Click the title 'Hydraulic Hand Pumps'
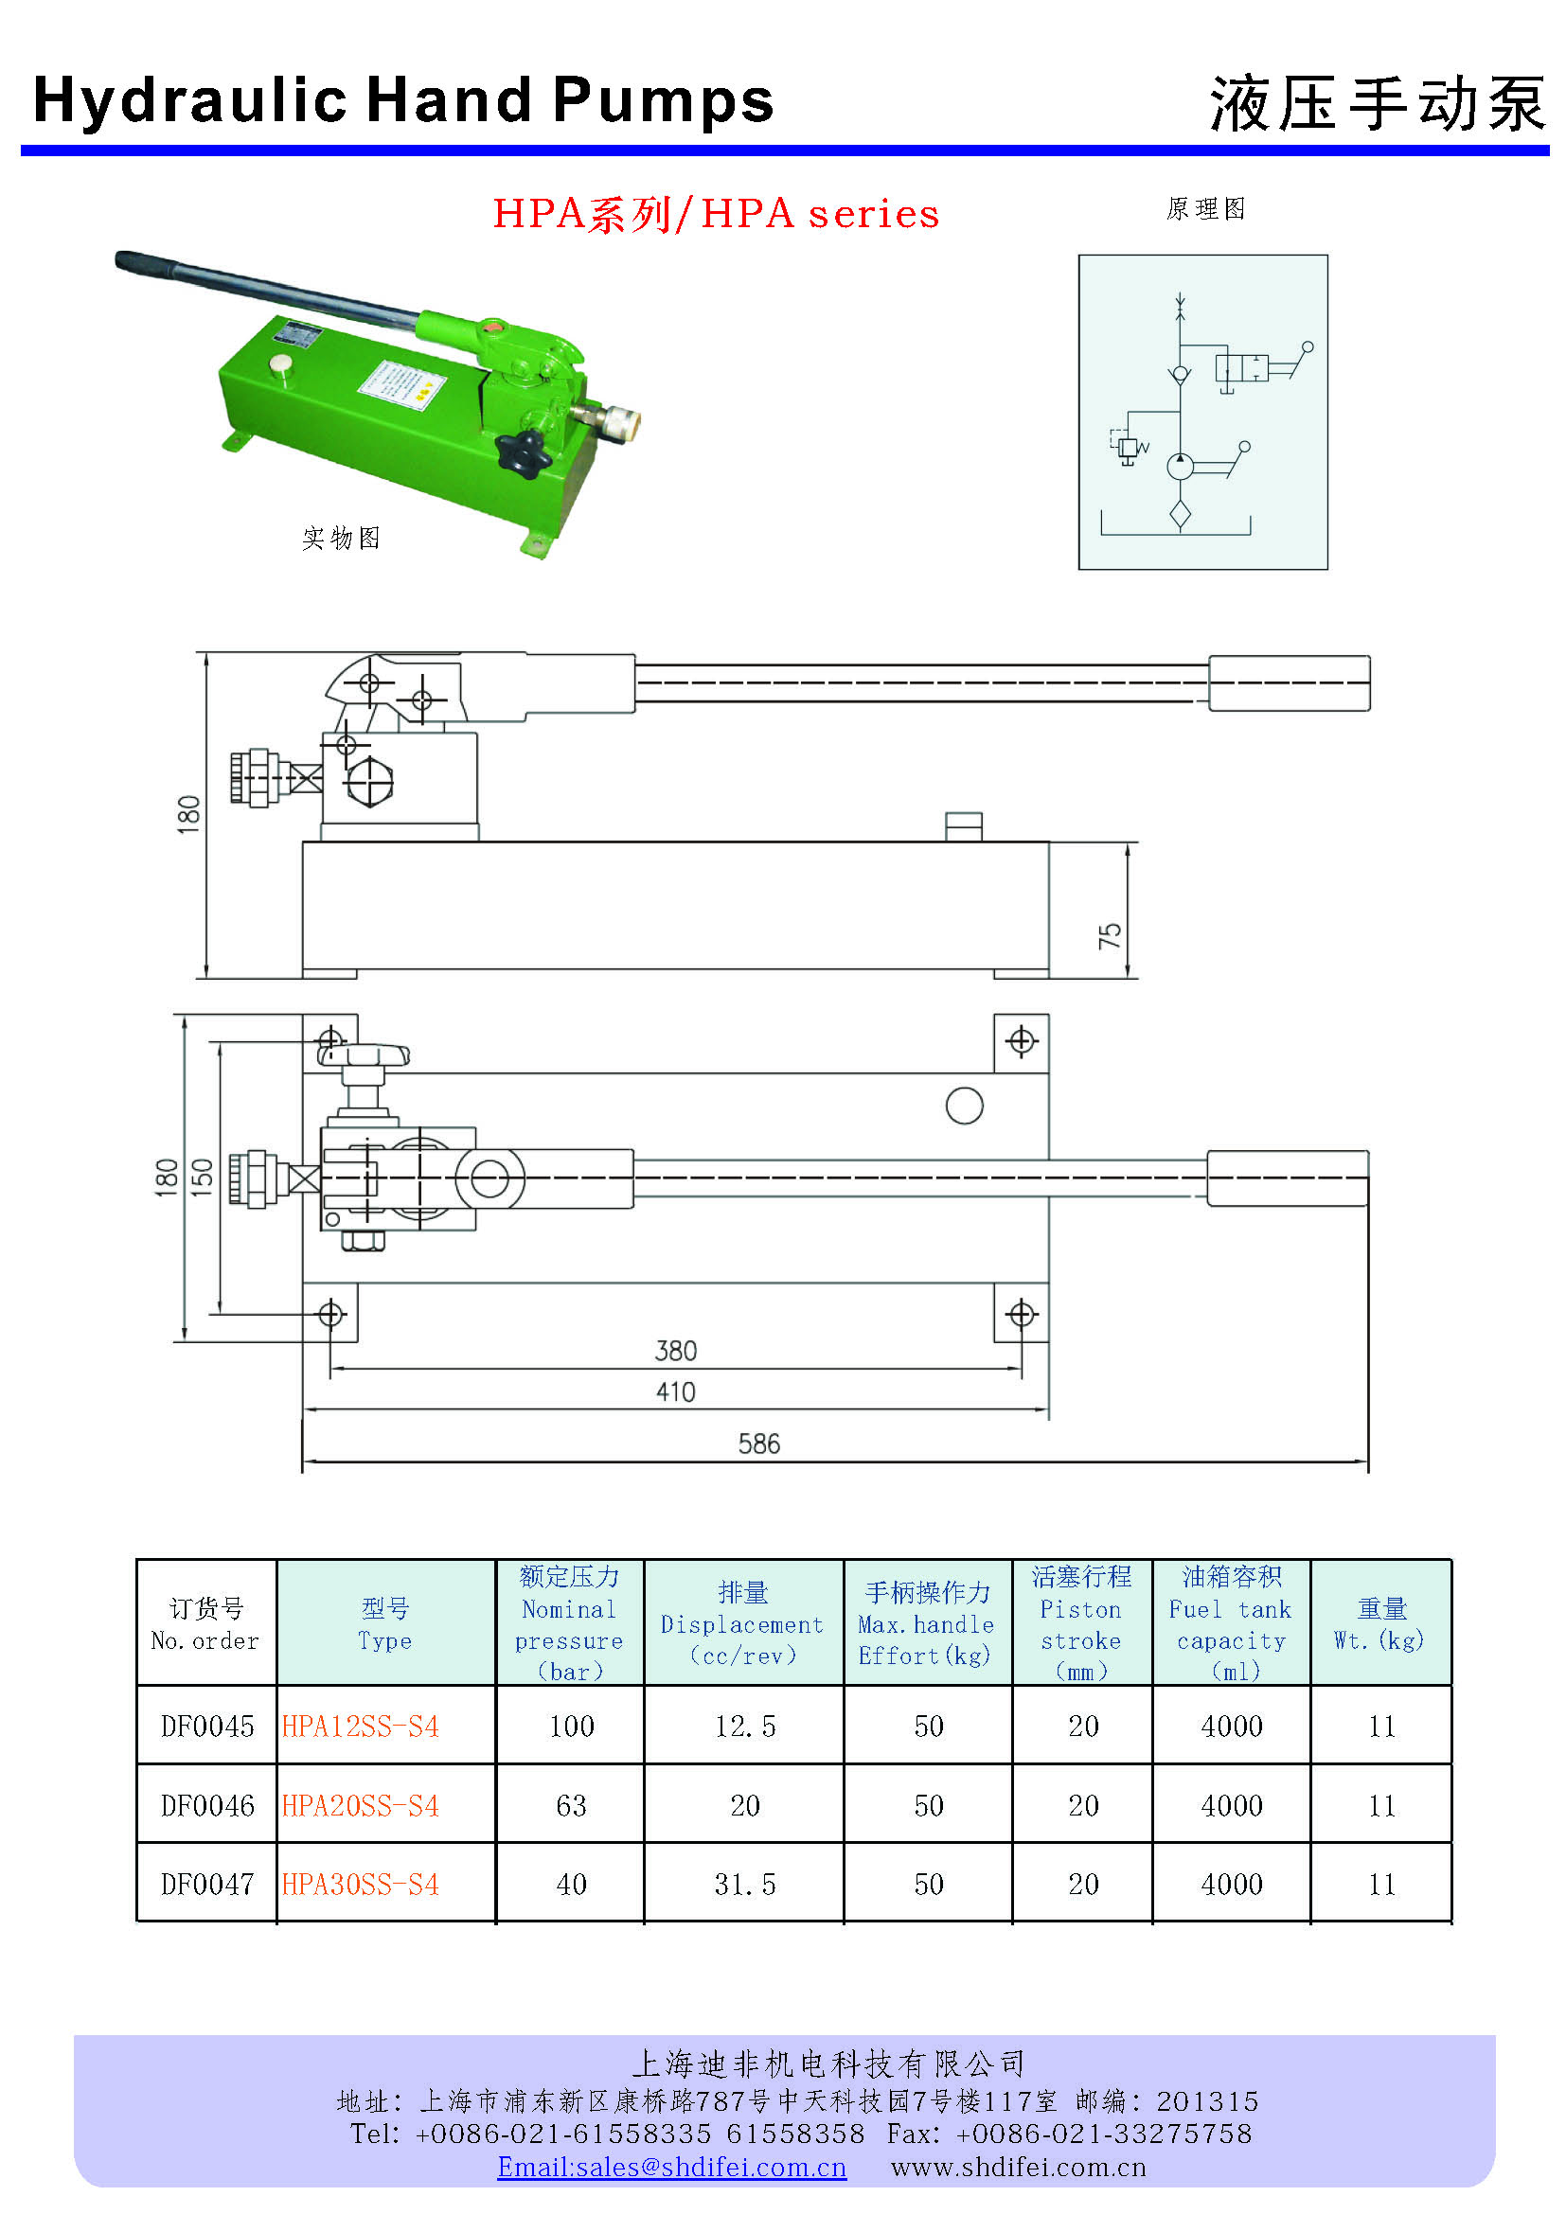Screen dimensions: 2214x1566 point(403,100)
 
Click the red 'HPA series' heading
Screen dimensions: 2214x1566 point(716,213)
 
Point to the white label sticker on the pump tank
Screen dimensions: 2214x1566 point(402,384)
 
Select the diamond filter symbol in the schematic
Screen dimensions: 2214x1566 point(1181,514)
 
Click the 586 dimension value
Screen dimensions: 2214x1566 point(759,1444)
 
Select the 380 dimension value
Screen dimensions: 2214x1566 point(675,1351)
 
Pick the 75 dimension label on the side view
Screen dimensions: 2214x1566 point(1110,934)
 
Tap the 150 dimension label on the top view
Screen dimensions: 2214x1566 point(202,1177)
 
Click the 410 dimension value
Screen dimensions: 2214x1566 point(675,1392)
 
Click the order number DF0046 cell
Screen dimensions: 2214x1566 point(207,1805)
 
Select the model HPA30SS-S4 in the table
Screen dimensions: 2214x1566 point(361,1885)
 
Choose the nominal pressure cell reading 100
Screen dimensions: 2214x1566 point(571,1727)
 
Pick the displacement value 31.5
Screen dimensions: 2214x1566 point(744,1885)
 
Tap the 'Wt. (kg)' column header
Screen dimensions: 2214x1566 point(1379,1625)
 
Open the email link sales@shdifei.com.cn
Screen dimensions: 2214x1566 point(672,2167)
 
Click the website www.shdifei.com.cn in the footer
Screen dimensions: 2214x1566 point(1019,2167)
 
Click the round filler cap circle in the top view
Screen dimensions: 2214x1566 point(964,1106)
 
